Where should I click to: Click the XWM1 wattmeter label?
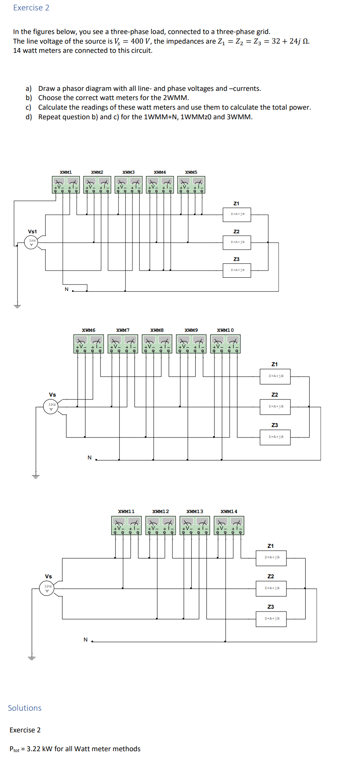[x=66, y=172]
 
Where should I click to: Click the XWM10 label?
[x=225, y=330]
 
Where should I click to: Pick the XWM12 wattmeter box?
[x=161, y=525]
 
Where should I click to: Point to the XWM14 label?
[x=229, y=511]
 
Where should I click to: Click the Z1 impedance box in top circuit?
[x=237, y=214]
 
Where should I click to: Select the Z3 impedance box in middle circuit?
[x=275, y=437]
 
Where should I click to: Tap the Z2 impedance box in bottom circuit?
[x=271, y=588]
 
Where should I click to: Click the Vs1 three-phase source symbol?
[x=32, y=243]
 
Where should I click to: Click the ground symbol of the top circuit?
[x=17, y=307]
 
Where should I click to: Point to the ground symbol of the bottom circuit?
[x=32, y=658]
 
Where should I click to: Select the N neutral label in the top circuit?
[x=66, y=289]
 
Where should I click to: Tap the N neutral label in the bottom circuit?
[x=85, y=640]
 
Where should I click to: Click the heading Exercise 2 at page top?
[x=31, y=8]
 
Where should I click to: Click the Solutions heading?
[x=25, y=708]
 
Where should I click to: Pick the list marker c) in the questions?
[x=28, y=107]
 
